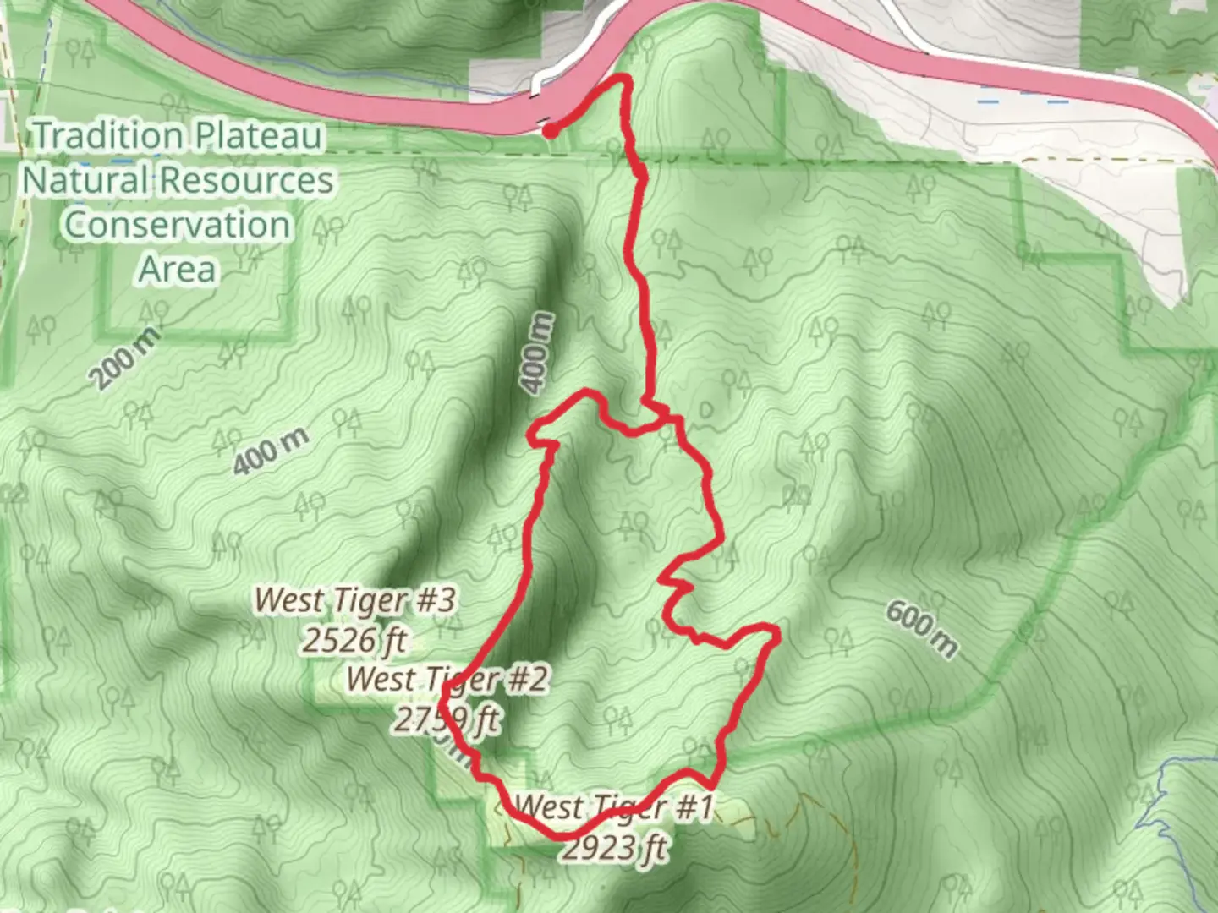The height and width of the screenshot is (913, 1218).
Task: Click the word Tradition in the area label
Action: [109, 135]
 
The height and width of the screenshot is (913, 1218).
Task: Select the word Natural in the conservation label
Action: [85, 180]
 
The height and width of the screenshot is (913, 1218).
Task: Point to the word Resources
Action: [247, 180]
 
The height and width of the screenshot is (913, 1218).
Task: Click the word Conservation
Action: [178, 225]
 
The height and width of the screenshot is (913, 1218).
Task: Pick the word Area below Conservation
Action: [178, 270]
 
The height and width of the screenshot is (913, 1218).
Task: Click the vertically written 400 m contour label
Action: [539, 353]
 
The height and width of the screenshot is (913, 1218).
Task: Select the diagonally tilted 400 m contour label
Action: [270, 451]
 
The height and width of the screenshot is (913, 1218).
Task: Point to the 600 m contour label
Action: [922, 629]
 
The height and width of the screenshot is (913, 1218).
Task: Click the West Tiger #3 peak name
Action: [355, 600]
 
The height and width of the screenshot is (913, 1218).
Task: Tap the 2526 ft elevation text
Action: [355, 641]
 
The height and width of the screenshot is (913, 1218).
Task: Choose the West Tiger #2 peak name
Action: [447, 678]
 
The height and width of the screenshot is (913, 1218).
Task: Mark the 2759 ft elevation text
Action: [447, 720]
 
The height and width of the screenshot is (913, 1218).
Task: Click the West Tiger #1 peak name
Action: [614, 806]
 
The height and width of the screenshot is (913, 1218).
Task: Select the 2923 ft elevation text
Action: [614, 847]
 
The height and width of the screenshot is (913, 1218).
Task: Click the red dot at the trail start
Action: [550, 131]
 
